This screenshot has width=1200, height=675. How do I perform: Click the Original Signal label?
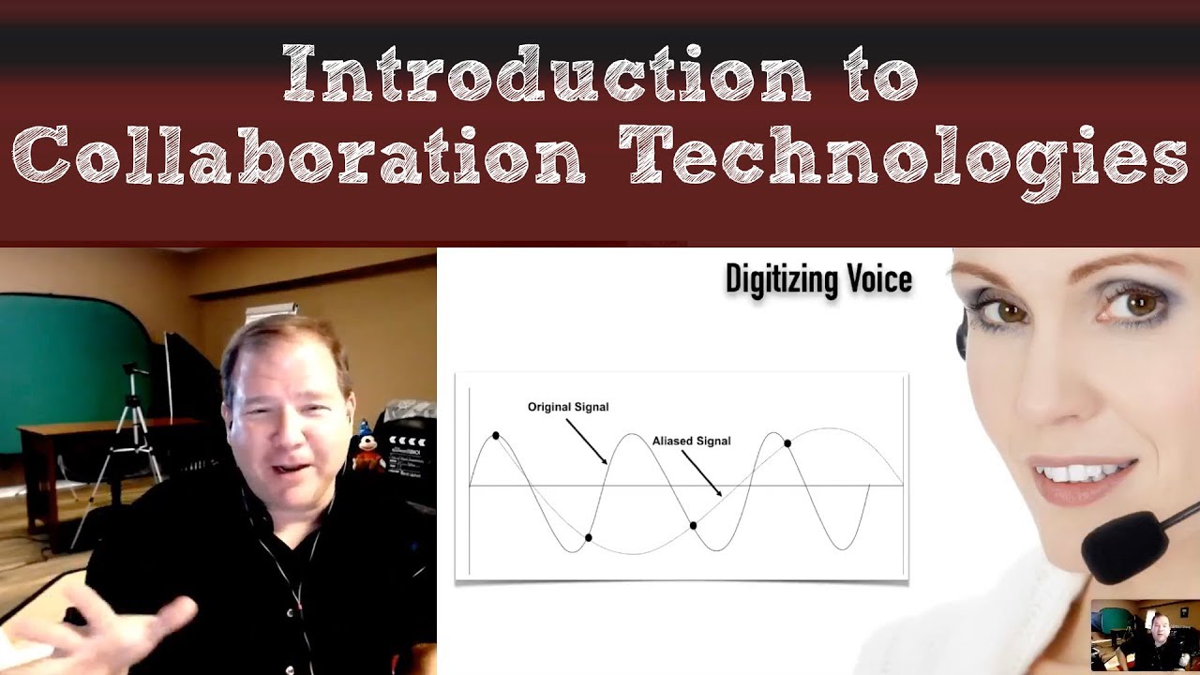pyautogui.click(x=568, y=407)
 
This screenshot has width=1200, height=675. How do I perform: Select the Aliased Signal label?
pyautogui.click(x=691, y=441)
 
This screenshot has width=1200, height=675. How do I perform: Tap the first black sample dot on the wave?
pyautogui.click(x=496, y=436)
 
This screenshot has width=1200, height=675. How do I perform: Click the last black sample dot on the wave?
pyautogui.click(x=787, y=443)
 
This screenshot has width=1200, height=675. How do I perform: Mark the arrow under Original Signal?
pyautogui.click(x=587, y=441)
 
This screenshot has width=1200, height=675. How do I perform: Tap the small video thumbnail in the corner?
pyautogui.click(x=1145, y=635)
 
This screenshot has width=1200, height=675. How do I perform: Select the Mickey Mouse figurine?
pyautogui.click(x=366, y=445)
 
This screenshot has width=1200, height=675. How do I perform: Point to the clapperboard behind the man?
pyautogui.click(x=405, y=450)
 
